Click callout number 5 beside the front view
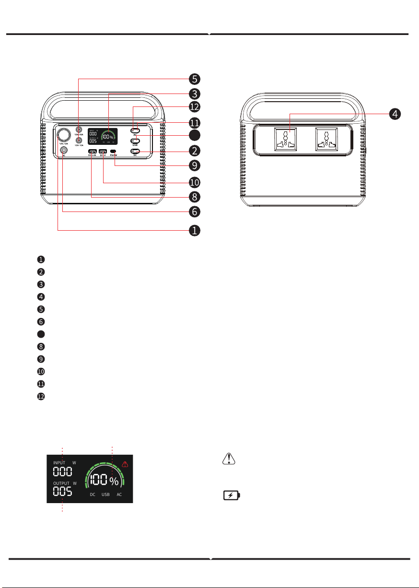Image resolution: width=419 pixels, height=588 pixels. point(194,78)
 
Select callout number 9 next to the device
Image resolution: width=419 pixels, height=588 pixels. point(194,165)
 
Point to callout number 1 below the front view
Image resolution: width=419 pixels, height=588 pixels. point(194,231)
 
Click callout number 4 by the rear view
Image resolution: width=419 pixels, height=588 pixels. point(394,114)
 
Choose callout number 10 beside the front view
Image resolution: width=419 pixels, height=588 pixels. point(194,182)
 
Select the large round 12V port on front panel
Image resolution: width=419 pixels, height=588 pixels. point(63,134)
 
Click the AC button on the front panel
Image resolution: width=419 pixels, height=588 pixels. point(136,130)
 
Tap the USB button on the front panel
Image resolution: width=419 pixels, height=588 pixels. point(136,141)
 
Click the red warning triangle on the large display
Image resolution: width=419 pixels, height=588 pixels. point(125,464)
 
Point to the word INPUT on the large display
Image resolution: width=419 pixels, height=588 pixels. point(59,463)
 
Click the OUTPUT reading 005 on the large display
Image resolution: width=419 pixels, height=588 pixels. point(63,492)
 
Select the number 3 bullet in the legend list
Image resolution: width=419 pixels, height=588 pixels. point(41,284)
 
